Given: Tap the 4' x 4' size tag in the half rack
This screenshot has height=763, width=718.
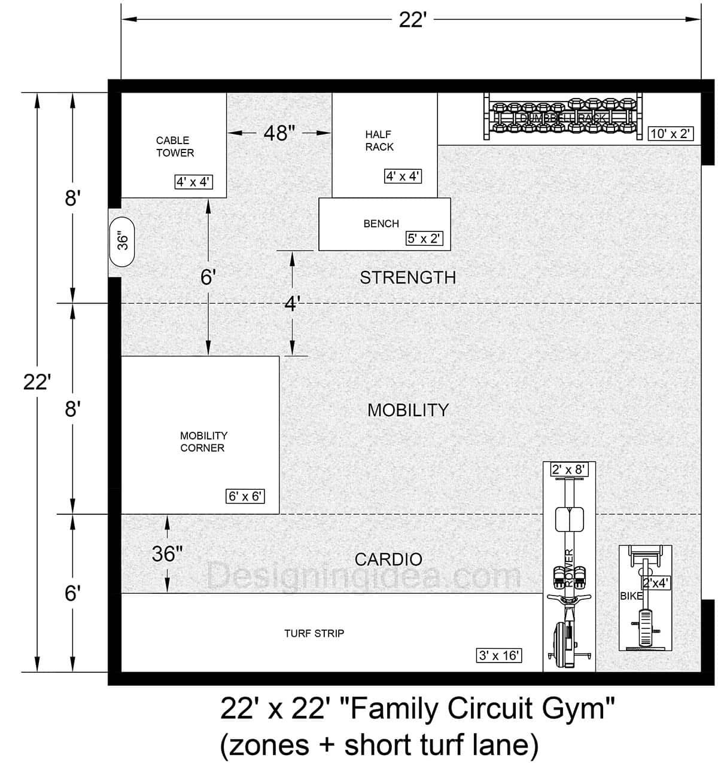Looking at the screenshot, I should pyautogui.click(x=403, y=176).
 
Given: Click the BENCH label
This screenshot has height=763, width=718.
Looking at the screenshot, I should pyautogui.click(x=381, y=224).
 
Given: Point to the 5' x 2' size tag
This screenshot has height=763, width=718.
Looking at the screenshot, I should pyautogui.click(x=424, y=239).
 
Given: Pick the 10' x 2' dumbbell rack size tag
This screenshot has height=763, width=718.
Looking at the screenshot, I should pyautogui.click(x=671, y=133).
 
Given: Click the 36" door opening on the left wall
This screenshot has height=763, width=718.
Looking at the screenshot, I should pyautogui.click(x=123, y=241).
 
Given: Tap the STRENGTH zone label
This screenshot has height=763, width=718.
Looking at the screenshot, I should pyautogui.click(x=407, y=277).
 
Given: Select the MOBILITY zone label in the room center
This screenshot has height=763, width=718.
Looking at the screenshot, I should pyautogui.click(x=407, y=410).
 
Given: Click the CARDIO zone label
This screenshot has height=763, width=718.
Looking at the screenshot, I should pyautogui.click(x=388, y=560).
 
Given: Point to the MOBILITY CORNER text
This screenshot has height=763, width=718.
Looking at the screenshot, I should pyautogui.click(x=203, y=442).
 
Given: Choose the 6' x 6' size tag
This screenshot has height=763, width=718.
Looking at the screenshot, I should pyautogui.click(x=245, y=496).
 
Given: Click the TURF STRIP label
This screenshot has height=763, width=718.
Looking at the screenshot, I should pyautogui.click(x=314, y=633).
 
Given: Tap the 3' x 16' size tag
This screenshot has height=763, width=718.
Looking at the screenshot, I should pyautogui.click(x=499, y=655).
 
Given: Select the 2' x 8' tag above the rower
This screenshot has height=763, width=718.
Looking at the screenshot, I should pyautogui.click(x=568, y=469).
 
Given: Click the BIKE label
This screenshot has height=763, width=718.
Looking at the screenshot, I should pyautogui.click(x=631, y=596).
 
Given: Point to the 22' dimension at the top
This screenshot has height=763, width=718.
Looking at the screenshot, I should pyautogui.click(x=412, y=20).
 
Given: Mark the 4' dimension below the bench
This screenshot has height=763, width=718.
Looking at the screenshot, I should pyautogui.click(x=291, y=304).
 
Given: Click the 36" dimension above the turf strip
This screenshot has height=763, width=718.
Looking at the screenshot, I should pyautogui.click(x=167, y=554).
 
